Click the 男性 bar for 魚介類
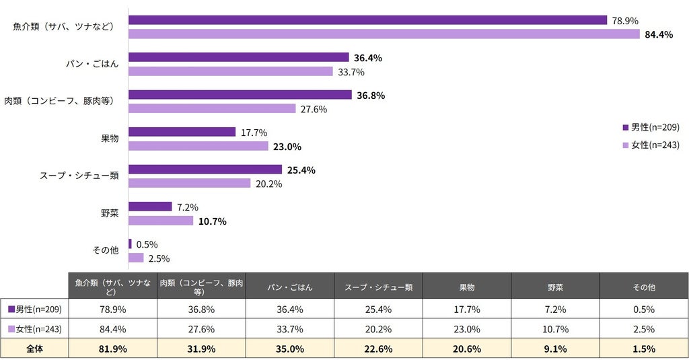point(368,20)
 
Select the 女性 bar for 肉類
point(212,108)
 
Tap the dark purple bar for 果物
point(182,132)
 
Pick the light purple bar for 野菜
point(161,221)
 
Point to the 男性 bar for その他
point(130,244)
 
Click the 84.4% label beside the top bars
point(659,35)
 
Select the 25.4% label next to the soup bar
point(301,170)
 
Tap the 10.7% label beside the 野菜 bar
point(212,221)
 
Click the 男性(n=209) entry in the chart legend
point(651,127)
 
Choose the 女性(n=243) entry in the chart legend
point(651,145)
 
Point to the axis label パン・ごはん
point(92,64)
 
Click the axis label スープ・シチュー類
point(79,176)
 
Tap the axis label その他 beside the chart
point(106,250)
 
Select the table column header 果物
point(467,287)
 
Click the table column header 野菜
point(555,287)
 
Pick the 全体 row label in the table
point(34,349)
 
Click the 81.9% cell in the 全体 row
point(113,349)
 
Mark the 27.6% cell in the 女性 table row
point(201,329)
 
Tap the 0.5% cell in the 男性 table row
point(644,310)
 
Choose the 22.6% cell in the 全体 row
point(378,349)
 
